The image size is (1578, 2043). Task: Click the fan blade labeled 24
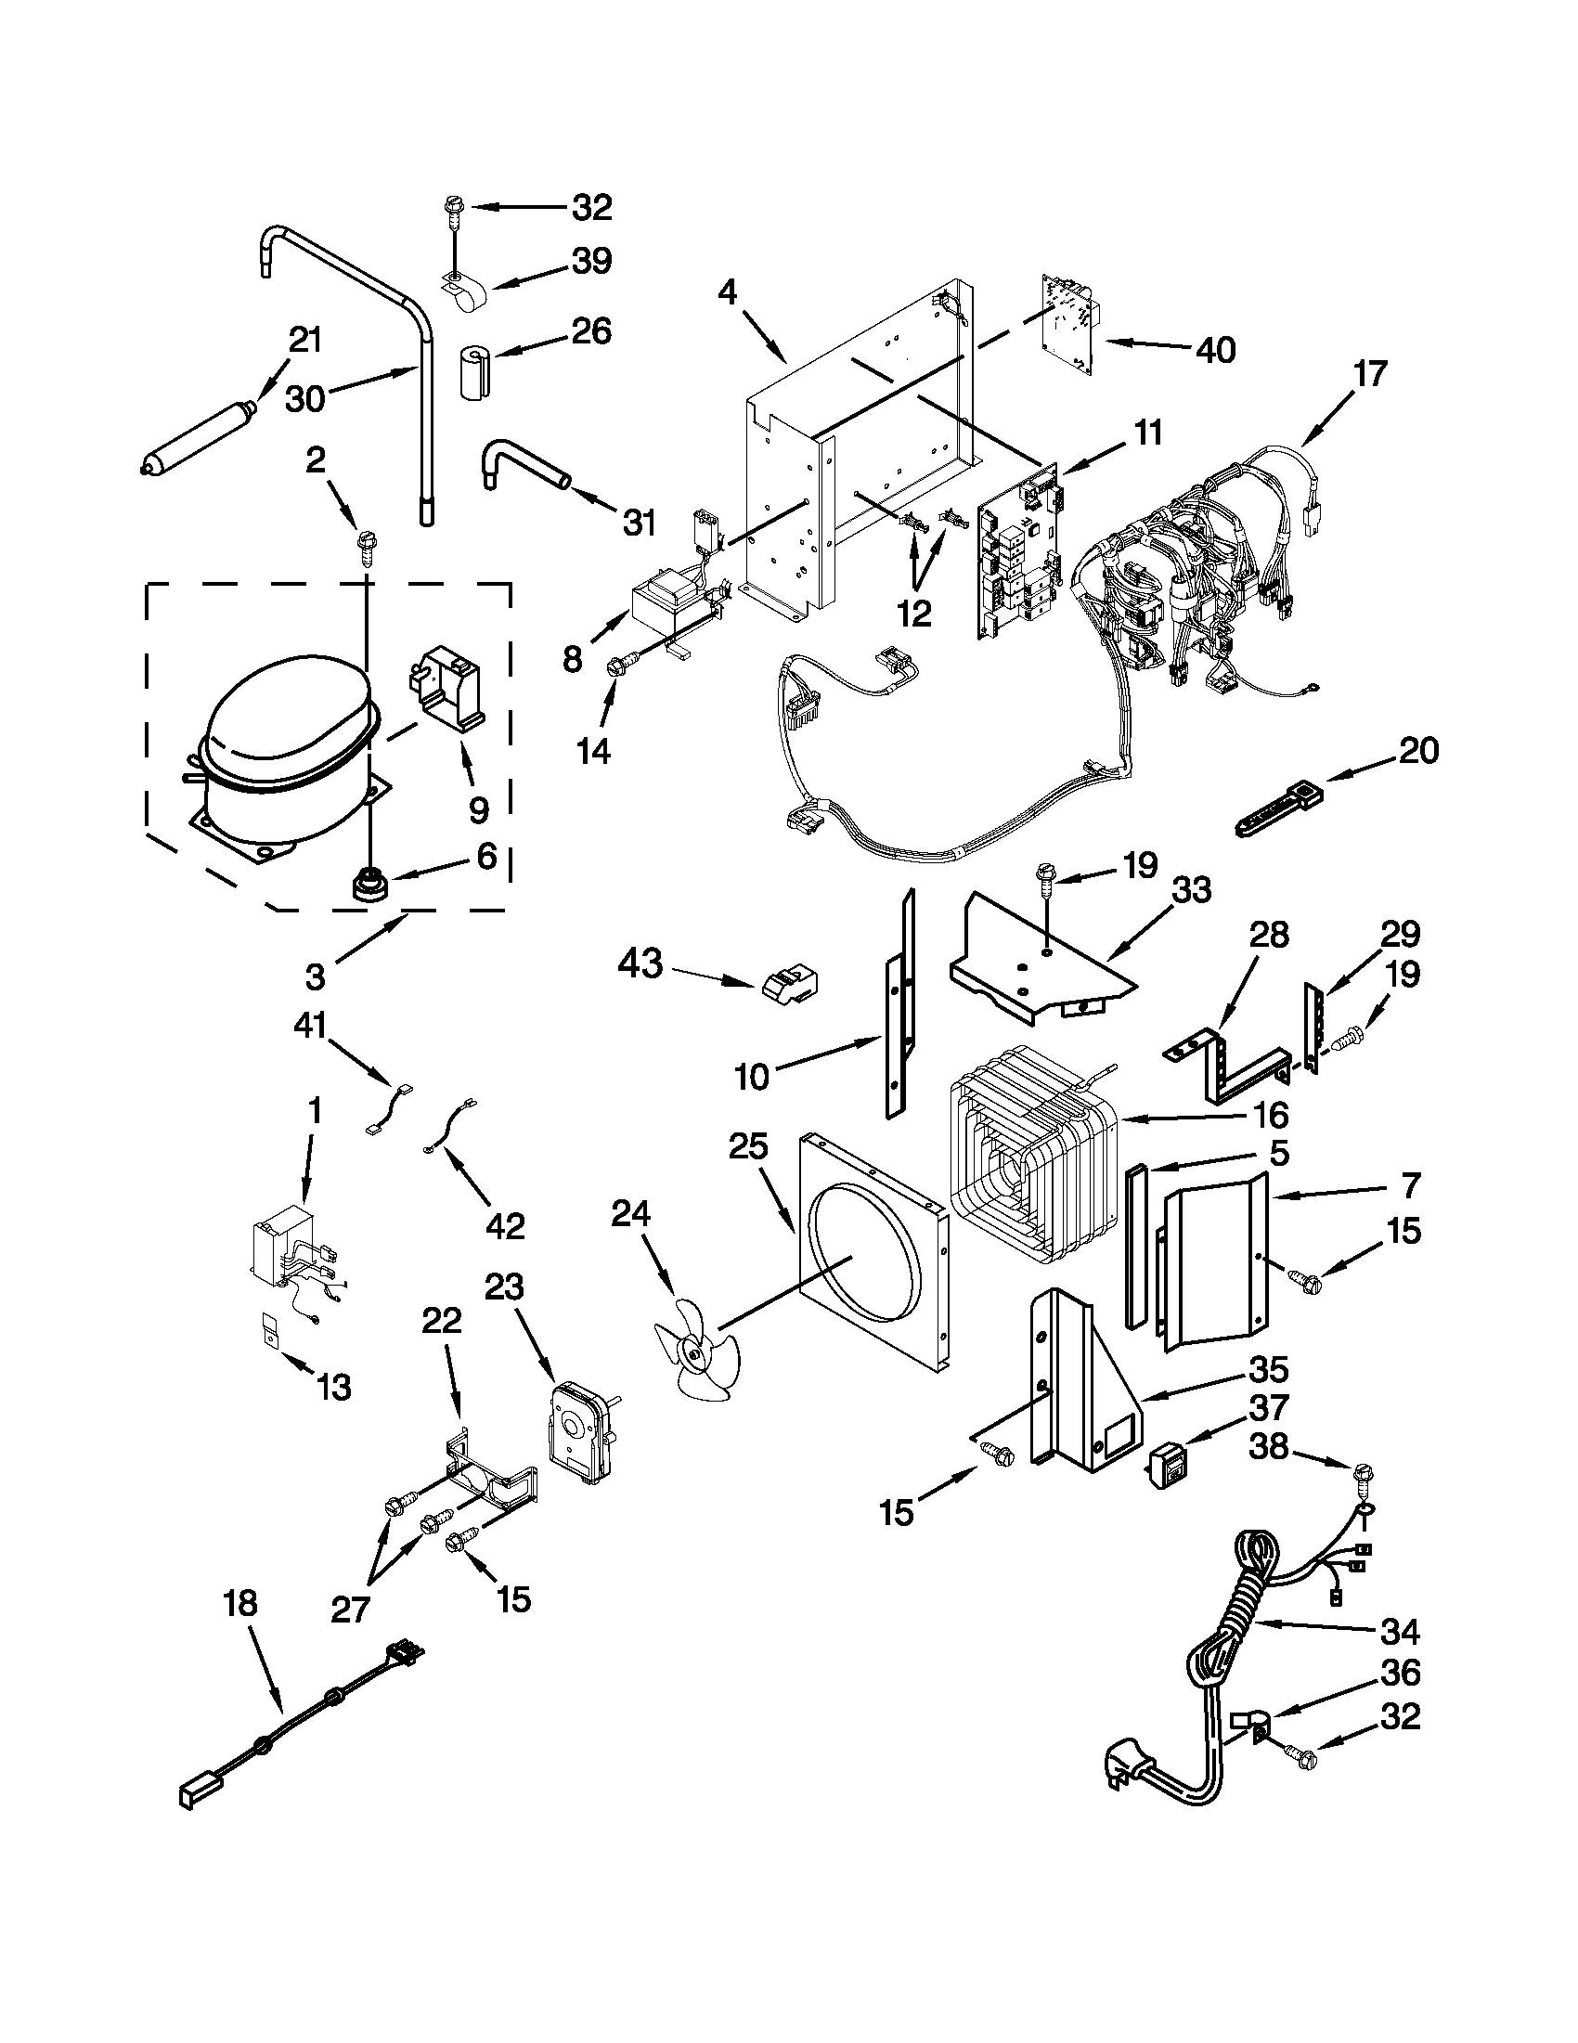(698, 1354)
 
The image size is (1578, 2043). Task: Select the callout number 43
(640, 963)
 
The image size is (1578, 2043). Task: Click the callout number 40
(1215, 350)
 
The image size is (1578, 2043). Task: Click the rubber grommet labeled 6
(363, 882)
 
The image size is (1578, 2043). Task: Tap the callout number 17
(1369, 374)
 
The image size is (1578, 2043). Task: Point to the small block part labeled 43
(788, 985)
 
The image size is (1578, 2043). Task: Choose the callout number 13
(333, 1387)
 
